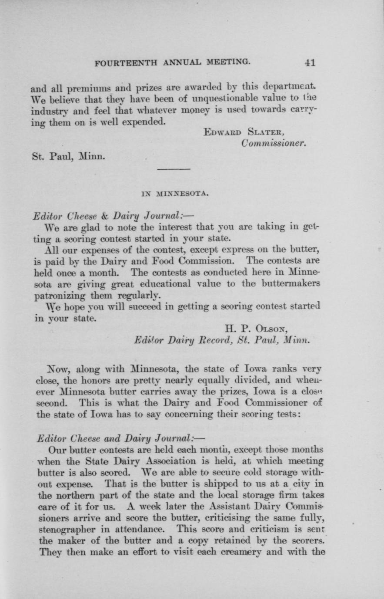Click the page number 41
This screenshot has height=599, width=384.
310,62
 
